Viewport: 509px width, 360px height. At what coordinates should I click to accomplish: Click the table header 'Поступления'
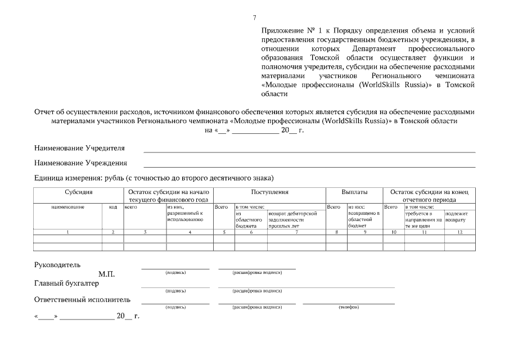point(269,192)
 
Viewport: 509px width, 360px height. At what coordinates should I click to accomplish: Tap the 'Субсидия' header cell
point(79,192)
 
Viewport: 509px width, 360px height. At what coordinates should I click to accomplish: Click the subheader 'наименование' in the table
point(67,207)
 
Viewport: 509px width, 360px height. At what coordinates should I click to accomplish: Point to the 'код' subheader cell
point(112,207)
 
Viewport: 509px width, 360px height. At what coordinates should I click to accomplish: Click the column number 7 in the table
point(296,232)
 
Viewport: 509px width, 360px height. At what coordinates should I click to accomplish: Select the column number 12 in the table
point(460,232)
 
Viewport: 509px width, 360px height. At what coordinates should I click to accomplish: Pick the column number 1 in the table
point(67,232)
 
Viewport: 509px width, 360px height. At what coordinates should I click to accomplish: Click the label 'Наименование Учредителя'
point(80,148)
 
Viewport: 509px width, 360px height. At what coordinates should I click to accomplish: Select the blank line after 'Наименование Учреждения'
point(309,166)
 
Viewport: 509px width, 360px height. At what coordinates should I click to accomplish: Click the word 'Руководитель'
point(57,264)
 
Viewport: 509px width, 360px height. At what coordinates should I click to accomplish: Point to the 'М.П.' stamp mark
point(106,274)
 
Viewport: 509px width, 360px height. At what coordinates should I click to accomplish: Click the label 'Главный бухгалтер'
point(66,283)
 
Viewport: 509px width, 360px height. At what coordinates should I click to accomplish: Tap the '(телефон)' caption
point(349,307)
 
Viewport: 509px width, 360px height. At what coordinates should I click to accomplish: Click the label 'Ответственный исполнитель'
point(83,299)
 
